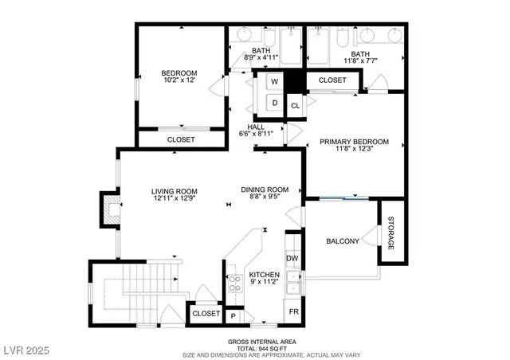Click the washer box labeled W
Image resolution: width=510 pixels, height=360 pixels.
pos(274,82)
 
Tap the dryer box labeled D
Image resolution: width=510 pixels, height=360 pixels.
pos(274,103)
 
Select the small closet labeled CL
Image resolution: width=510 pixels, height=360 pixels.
pos(295,105)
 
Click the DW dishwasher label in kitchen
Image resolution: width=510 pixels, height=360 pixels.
pos(292,258)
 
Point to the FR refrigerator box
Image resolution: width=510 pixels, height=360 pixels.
pos(293,311)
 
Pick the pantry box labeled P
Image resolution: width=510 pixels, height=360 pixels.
pos(233,315)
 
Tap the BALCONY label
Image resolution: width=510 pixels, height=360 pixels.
pos(343,241)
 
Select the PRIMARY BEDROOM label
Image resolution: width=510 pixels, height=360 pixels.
pos(355,142)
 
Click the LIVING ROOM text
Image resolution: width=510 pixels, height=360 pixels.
pos(175,191)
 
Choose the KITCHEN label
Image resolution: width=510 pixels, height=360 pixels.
pos(265,276)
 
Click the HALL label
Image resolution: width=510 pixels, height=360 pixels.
pos(256,127)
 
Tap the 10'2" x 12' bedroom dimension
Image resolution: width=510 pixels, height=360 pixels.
pos(178,81)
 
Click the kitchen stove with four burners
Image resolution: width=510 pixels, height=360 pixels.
pos(236,285)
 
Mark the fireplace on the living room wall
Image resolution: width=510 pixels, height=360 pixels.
pos(106,209)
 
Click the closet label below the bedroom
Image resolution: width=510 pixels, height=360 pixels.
pos(181,139)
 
